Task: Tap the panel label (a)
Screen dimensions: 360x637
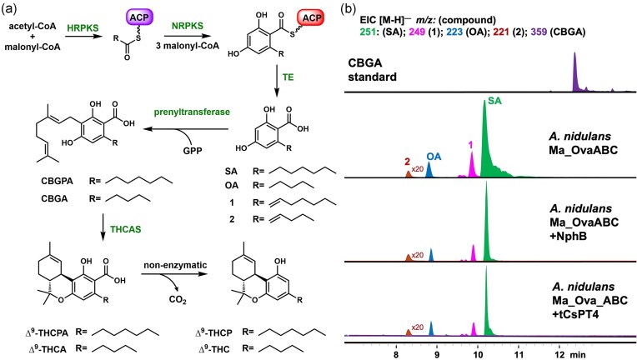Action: [10, 8]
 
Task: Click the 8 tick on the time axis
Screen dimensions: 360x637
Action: [397, 352]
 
